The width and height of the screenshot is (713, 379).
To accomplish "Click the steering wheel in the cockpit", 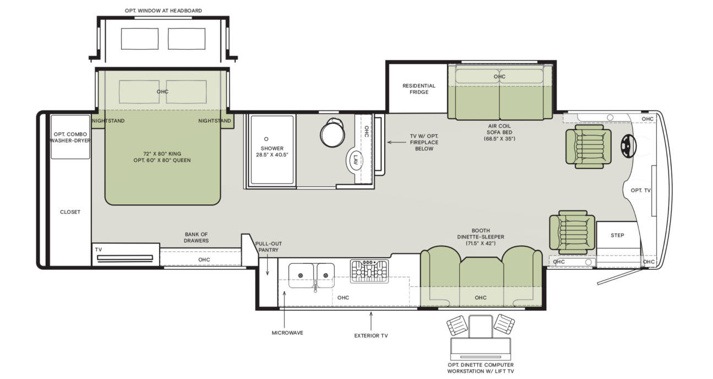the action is [628, 146].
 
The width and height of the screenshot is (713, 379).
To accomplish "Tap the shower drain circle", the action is [266, 139].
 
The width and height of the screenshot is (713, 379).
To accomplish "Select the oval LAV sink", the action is [355, 160].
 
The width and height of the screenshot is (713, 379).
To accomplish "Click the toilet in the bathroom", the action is [332, 133].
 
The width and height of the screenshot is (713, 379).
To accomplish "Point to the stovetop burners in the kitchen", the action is [369, 271].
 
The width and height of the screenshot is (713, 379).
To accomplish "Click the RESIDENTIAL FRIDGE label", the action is [418, 89].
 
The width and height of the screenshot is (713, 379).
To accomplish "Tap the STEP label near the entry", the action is [617, 235].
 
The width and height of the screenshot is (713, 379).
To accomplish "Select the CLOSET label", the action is [70, 212].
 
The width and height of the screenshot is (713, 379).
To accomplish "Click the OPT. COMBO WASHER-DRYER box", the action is [70, 137].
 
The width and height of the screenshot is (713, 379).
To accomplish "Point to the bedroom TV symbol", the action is [125, 258].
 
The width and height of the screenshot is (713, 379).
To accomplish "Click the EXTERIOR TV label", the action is [371, 335].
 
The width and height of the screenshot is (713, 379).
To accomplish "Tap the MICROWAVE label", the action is [287, 333].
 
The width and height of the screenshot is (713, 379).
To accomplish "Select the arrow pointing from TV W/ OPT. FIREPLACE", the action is [396, 142].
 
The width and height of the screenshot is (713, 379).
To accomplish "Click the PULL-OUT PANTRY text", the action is [268, 247].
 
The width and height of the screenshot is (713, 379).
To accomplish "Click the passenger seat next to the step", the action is [572, 232].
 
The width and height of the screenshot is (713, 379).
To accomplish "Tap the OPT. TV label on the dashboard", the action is [640, 191].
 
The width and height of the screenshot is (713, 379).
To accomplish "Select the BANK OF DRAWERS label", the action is [196, 237].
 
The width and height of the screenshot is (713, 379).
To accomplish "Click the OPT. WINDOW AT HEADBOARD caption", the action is [164, 10].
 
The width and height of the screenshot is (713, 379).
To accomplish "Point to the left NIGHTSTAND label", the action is [108, 121].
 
